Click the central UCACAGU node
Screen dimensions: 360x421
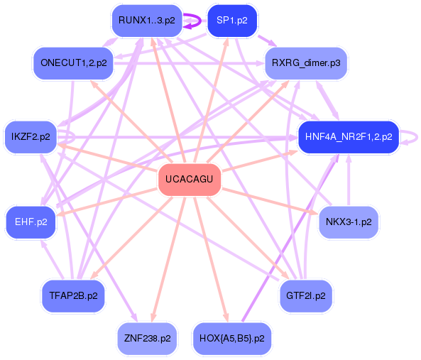[x=189, y=179]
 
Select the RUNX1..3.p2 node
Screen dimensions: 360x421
[x=147, y=21]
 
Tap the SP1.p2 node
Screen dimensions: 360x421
[x=232, y=21]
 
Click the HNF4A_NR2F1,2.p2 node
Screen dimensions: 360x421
[x=348, y=136]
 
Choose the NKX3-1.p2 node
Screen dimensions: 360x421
[x=348, y=222]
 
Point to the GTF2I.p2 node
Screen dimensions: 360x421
[x=306, y=295]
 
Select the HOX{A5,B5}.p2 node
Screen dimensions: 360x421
[x=231, y=338]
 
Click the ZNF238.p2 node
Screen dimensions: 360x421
[x=147, y=338]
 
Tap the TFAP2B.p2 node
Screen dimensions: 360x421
[x=73, y=295]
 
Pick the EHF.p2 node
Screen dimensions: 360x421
[x=31, y=222]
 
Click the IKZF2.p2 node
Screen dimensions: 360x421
[x=31, y=136]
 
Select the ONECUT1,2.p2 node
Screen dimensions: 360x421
[x=73, y=63]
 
